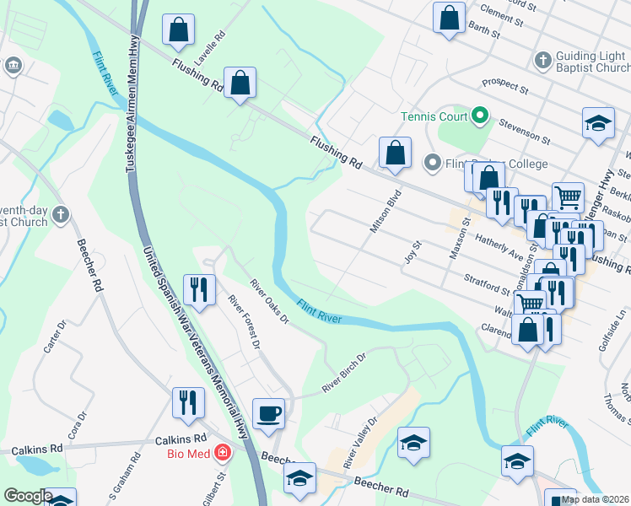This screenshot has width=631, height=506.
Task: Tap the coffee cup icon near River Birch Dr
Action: point(268,414)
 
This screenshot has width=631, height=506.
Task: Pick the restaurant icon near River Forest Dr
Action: point(197,289)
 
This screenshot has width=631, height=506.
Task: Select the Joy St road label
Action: point(412,250)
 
